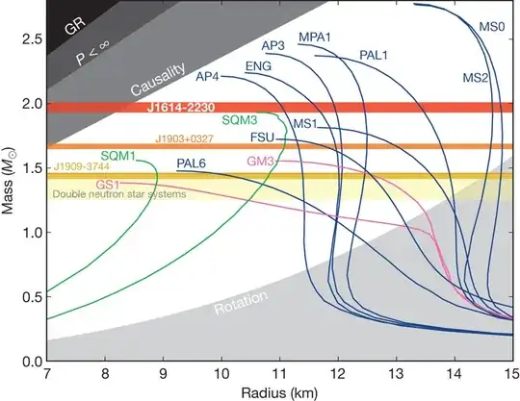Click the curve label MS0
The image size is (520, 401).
pos(492,28)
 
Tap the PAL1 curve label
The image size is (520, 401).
pos(375,56)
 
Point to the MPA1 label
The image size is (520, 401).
pos(316,37)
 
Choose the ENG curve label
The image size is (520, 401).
pos(259,66)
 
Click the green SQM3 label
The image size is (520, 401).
pos(239,121)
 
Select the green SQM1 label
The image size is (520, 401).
pos(117,155)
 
